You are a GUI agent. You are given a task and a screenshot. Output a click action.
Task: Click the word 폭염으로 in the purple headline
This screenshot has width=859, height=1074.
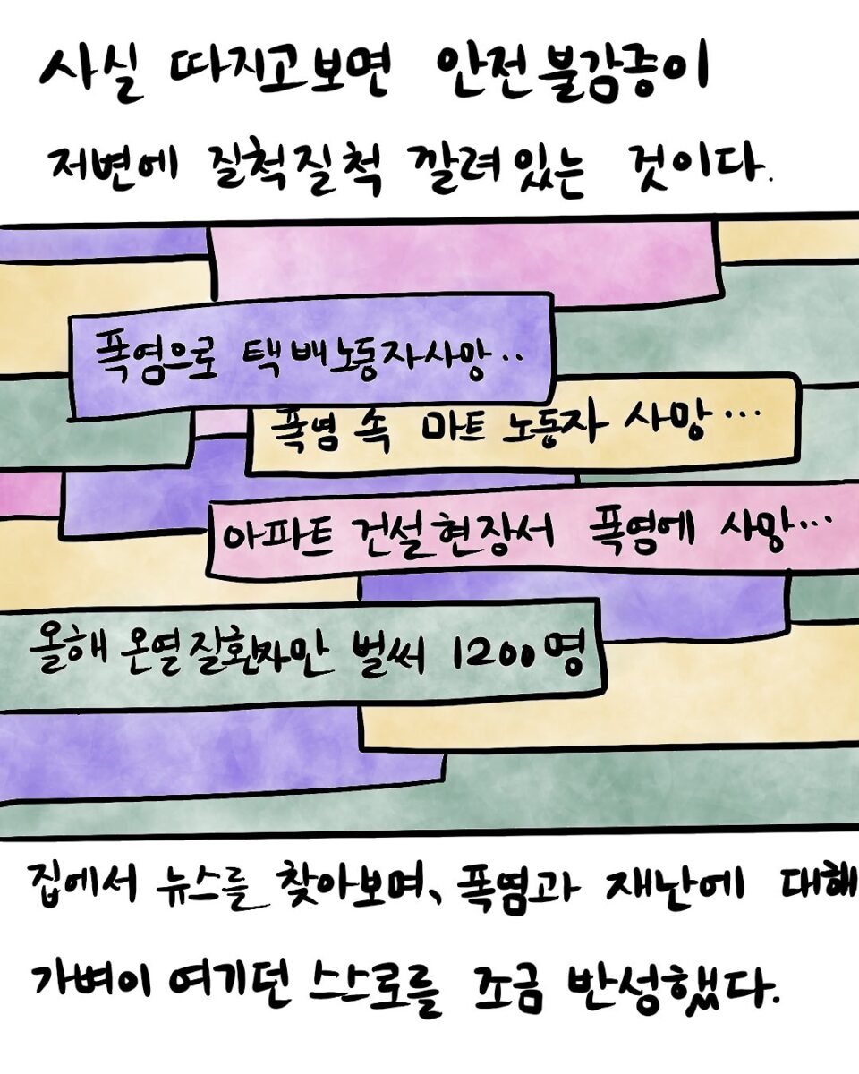157,354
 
